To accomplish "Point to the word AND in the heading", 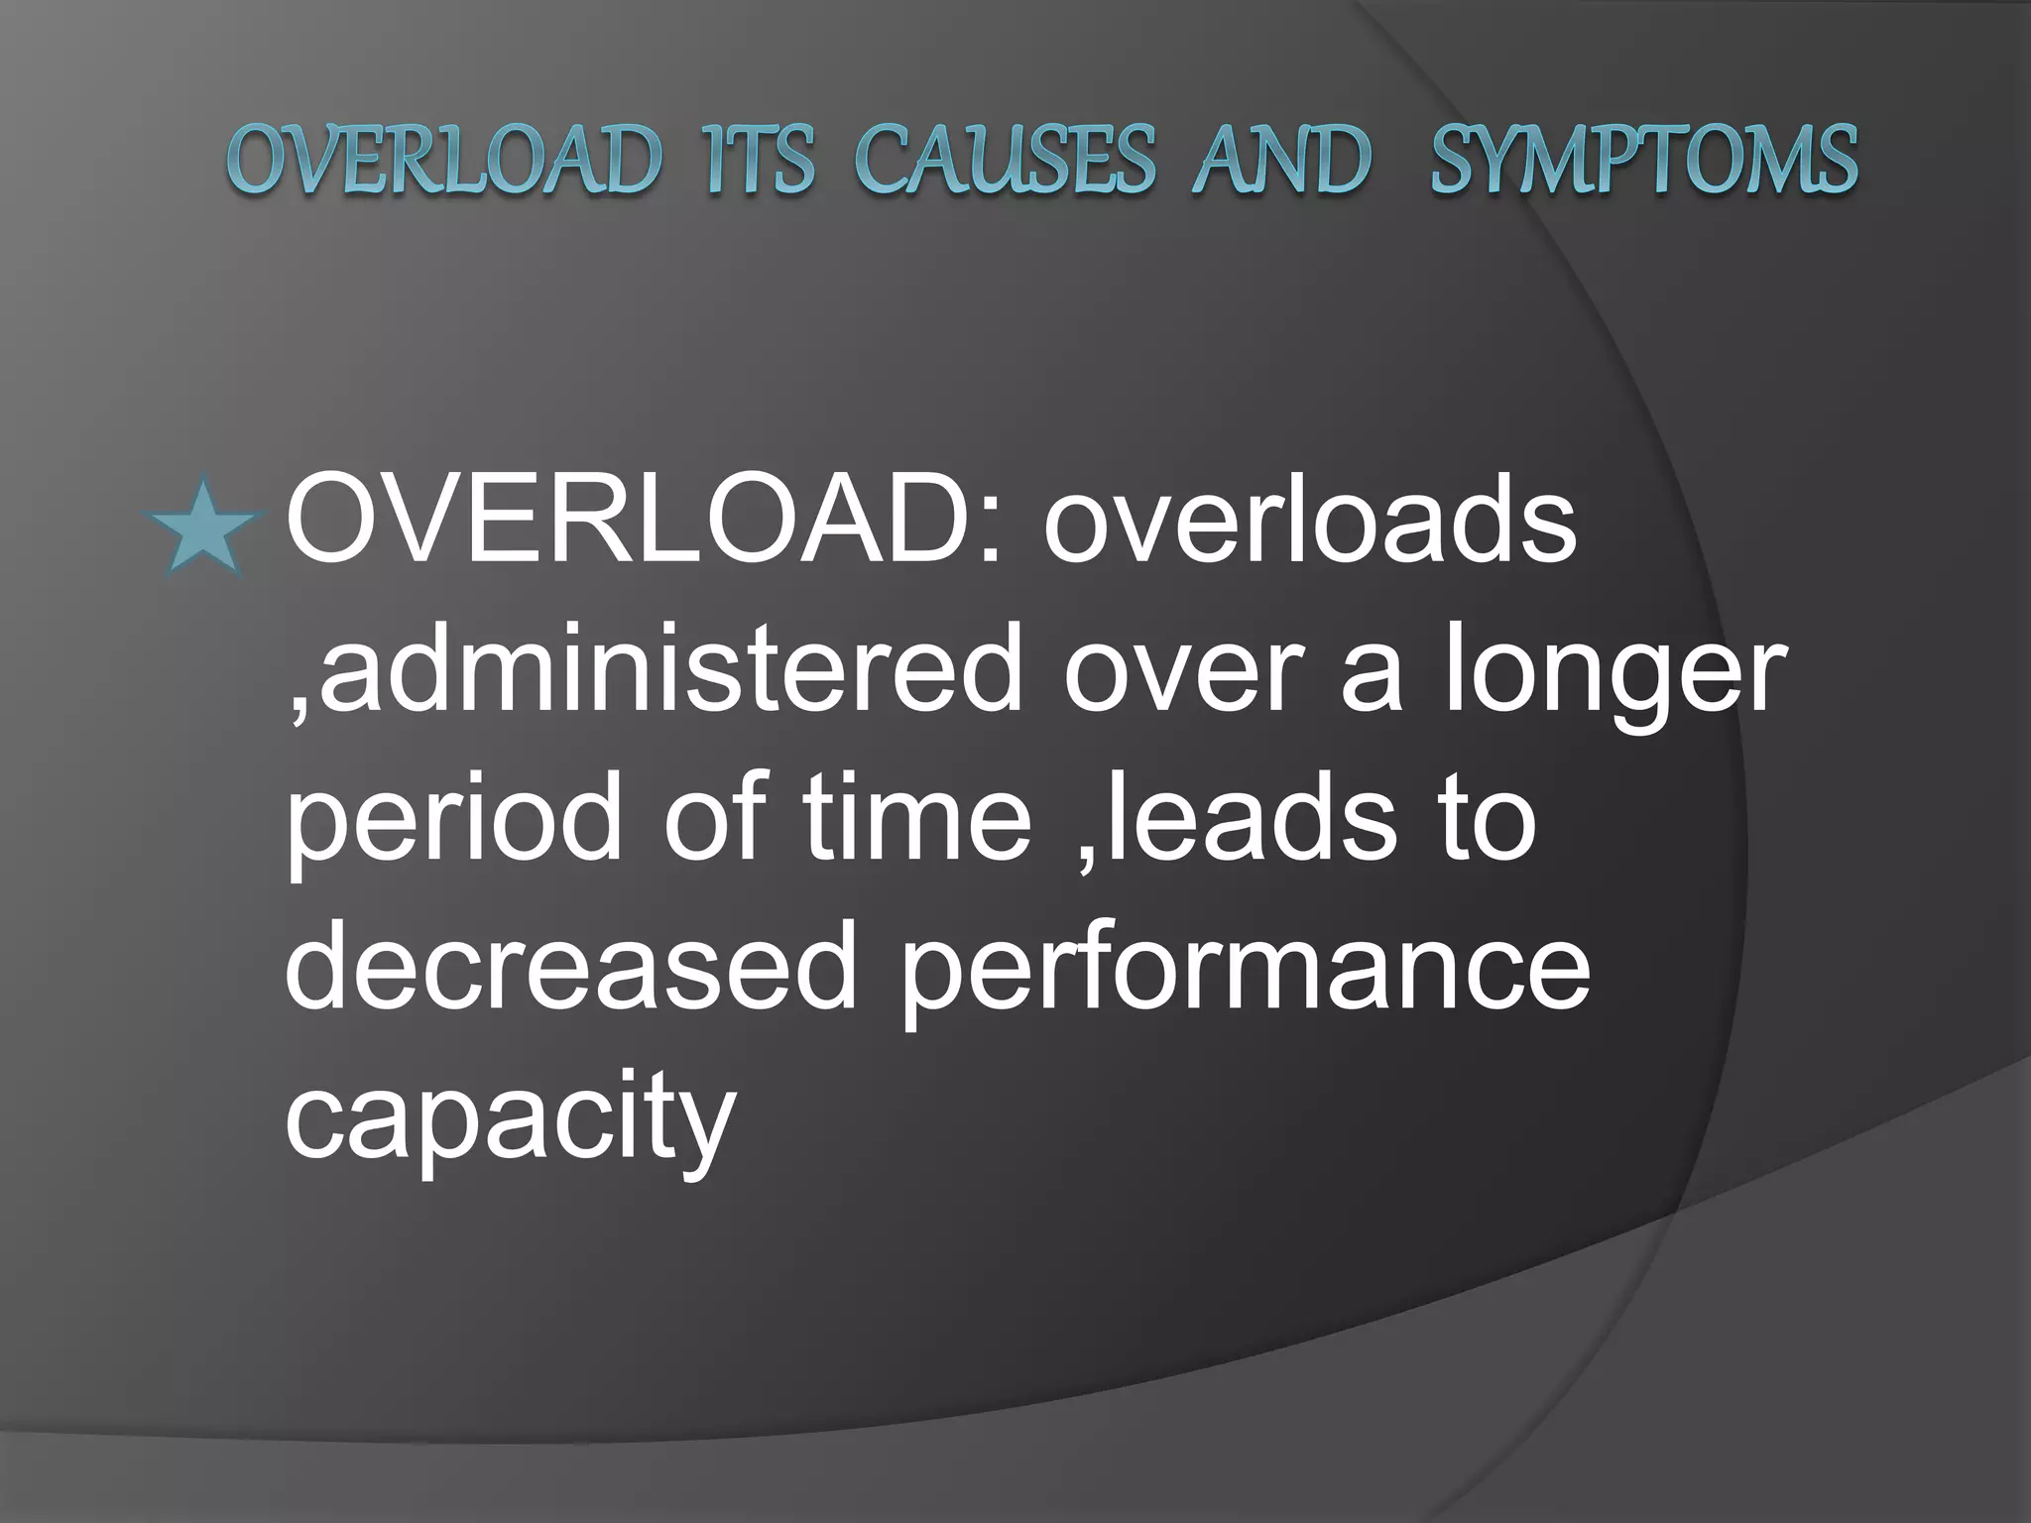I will [x=1282, y=160].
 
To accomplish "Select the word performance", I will [x=1245, y=972].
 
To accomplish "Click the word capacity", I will [x=510, y=1120].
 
